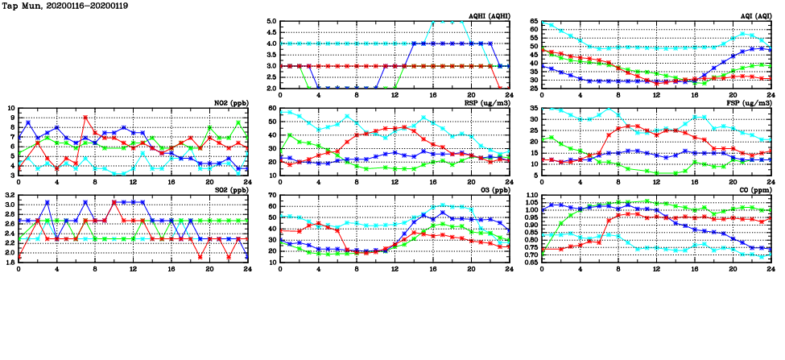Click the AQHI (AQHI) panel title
pyautogui.click(x=487, y=15)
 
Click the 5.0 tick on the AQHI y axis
pyautogui.click(x=272, y=22)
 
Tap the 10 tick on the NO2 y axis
pyautogui.click(x=10, y=108)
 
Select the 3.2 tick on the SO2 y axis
pyautogui.click(x=9, y=196)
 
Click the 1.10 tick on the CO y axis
pyautogui.click(x=531, y=196)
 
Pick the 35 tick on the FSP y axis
pyautogui.click(x=535, y=108)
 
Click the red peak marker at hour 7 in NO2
pyautogui.click(x=85, y=118)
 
